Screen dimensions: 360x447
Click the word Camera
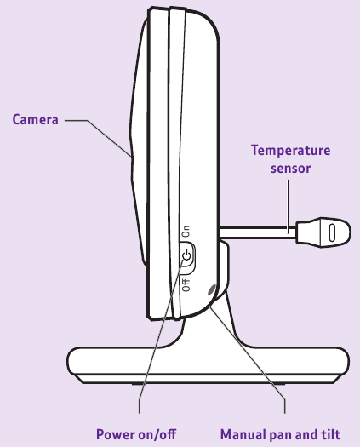[36, 119]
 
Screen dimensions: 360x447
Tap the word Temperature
[290, 151]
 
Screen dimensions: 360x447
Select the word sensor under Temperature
[290, 169]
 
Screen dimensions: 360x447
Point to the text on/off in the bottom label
[157, 434]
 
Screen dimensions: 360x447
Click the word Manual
[243, 434]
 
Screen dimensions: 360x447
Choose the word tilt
[331, 434]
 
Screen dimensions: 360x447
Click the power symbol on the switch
[186, 255]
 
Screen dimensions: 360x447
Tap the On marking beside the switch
[186, 232]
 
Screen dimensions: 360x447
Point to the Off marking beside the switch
[186, 284]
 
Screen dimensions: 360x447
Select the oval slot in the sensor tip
[332, 232]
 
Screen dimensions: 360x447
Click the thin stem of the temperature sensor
[258, 232]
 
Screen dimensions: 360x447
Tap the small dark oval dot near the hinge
[212, 290]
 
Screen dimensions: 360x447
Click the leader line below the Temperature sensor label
[288, 206]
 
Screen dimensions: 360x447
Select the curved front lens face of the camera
[138, 142]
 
